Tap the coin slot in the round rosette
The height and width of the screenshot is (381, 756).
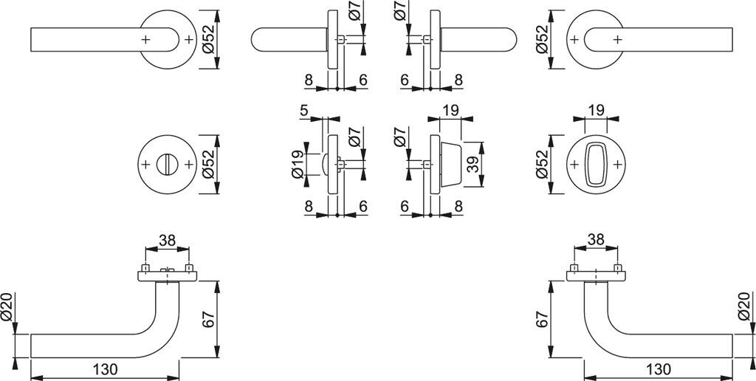(x=168, y=165)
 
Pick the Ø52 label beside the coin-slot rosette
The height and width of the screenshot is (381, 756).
(x=209, y=165)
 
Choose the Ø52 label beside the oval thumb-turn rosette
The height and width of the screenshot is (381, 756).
(x=543, y=165)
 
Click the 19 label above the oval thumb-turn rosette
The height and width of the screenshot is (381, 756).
(x=596, y=111)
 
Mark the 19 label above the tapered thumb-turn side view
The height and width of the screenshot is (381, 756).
(x=450, y=111)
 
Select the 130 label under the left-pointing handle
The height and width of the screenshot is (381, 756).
(x=107, y=368)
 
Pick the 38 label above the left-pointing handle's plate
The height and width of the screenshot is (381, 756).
(x=167, y=240)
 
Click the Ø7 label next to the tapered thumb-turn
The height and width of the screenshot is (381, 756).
(x=399, y=137)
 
